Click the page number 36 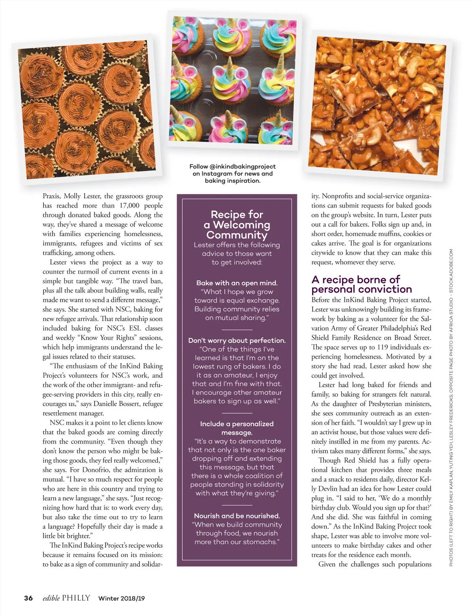(28, 598)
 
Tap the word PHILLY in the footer (76, 598)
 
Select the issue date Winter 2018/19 (121, 598)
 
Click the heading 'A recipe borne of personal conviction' (361, 284)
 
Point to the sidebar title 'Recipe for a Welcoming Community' (237, 225)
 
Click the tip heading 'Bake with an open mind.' (237, 283)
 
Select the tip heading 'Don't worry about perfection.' (237, 340)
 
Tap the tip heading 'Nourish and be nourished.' (237, 516)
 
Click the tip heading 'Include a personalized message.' (237, 428)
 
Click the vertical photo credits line (451, 407)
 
